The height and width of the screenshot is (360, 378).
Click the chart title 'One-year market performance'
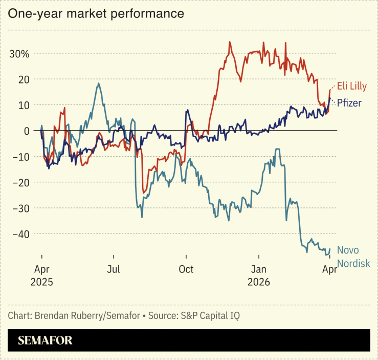click(x=96, y=14)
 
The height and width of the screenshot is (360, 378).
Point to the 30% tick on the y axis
click(x=19, y=54)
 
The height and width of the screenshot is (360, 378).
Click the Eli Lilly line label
click(x=352, y=86)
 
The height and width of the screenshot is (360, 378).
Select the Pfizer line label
click(x=349, y=103)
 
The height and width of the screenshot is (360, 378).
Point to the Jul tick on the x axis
click(x=114, y=269)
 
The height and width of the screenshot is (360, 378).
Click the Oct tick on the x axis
click(x=186, y=269)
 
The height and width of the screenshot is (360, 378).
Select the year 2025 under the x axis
click(x=41, y=282)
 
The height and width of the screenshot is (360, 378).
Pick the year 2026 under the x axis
click(x=259, y=282)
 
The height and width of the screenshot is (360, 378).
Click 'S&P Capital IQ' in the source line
click(x=210, y=315)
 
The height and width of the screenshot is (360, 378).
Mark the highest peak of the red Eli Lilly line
click(x=230, y=42)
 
